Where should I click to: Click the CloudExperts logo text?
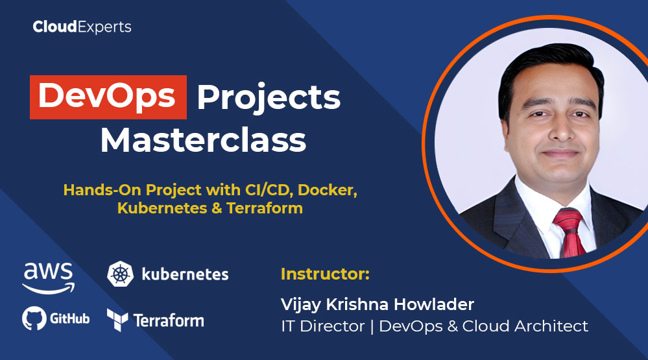click(82, 27)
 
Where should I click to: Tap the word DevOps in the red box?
click(108, 97)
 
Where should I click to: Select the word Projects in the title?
click(269, 99)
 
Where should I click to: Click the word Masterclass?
click(203, 141)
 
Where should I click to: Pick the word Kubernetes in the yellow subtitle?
click(162, 208)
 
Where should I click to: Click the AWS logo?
click(49, 278)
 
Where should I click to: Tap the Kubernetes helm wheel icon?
click(120, 274)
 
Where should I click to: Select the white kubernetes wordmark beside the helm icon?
click(185, 274)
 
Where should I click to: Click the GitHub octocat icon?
click(34, 318)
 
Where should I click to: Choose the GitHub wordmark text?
click(70, 318)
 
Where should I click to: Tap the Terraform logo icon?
click(117, 320)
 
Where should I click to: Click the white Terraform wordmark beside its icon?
click(169, 320)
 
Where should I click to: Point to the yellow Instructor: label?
click(325, 274)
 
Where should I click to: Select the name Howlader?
click(433, 304)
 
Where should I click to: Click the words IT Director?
click(323, 326)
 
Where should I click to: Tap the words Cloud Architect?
click(525, 326)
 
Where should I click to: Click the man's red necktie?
click(570, 232)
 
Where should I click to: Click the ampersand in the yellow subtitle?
click(217, 208)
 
